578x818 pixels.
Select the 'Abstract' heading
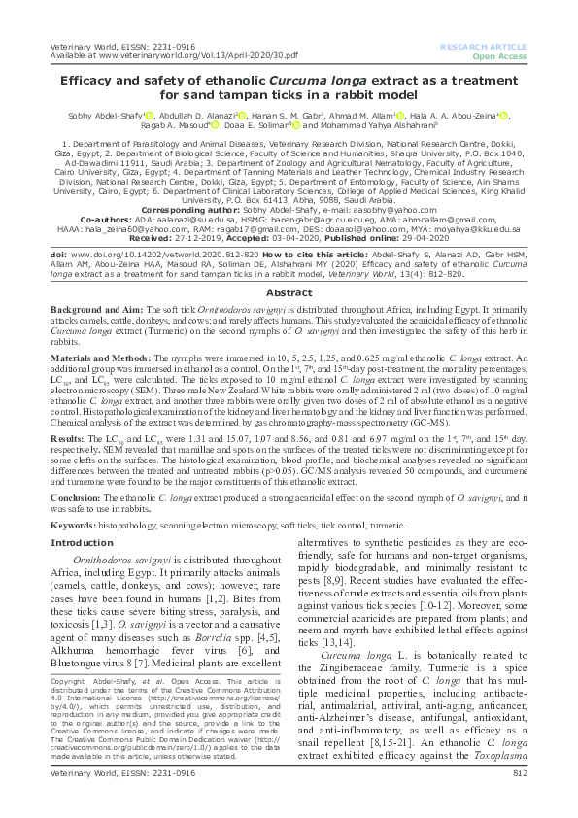coord(289,264)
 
